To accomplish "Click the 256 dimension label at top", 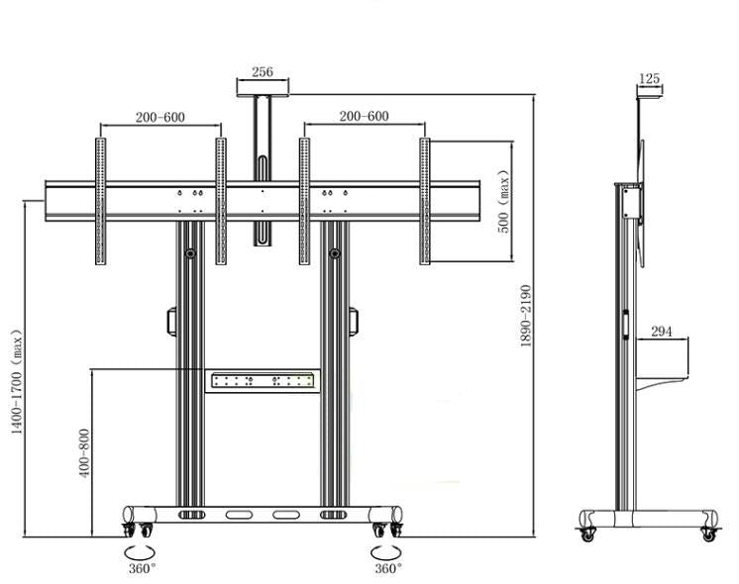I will tap(263, 72).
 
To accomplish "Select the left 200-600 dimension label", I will tap(159, 117).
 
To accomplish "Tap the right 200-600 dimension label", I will tap(364, 116).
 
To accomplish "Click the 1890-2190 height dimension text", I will tap(526, 316).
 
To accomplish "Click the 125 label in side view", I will tap(649, 78).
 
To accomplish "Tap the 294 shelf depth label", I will tap(662, 332).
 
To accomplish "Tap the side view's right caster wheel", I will tap(708, 533).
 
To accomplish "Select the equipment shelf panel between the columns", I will tap(264, 380).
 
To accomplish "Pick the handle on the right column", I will tap(355, 323).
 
